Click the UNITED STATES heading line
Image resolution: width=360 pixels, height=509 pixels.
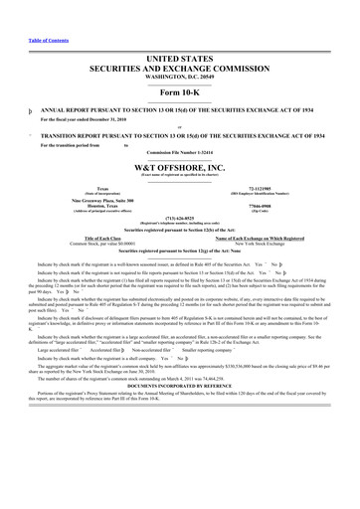[179, 61]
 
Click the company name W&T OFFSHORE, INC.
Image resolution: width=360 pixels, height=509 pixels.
[179, 168]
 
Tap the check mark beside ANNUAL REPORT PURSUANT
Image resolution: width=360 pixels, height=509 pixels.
[7, 111]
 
